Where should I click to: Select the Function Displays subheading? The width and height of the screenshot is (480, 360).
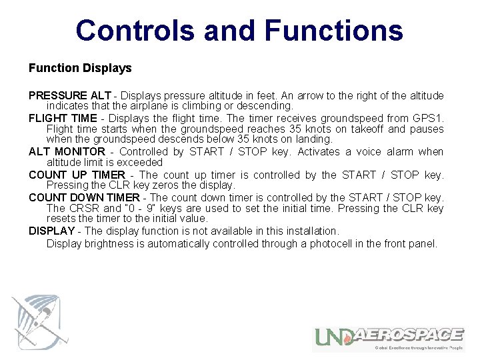pos(80,68)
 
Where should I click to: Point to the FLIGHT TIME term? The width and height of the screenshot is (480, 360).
pos(63,118)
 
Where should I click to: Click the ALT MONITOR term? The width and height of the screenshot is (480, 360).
pos(67,151)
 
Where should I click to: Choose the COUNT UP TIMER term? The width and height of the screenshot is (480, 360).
pos(77,175)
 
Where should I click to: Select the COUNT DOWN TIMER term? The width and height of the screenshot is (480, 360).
pos(84,197)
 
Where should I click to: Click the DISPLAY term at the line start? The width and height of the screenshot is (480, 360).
pos(51,231)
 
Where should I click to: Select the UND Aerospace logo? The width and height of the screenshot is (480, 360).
pos(389,339)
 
